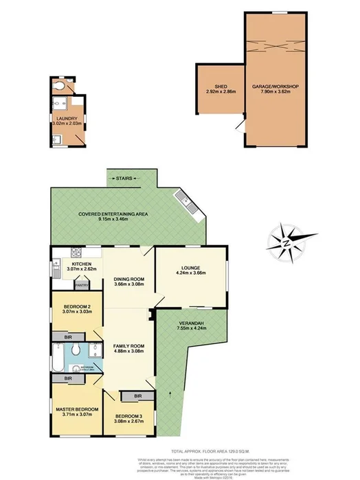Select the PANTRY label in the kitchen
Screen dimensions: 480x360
coord(81,284)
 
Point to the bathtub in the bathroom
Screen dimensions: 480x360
coord(58,358)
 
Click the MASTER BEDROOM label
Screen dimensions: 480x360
coord(78,411)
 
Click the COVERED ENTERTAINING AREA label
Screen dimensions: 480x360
coord(113,214)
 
